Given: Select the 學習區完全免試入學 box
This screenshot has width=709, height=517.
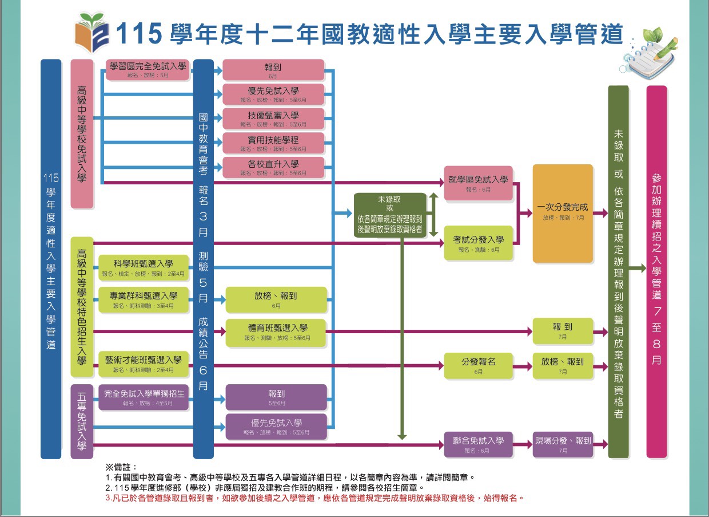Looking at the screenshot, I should coord(148,69).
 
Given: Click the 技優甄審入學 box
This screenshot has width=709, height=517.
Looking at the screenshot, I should coord(273,119).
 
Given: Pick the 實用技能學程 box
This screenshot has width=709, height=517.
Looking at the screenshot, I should coord(273,143).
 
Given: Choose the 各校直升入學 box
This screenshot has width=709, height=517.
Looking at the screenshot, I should coord(273,167).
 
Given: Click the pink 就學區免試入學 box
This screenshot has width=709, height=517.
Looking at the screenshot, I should coord(478,183).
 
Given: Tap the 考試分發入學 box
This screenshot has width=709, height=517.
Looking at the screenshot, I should coord(478,243).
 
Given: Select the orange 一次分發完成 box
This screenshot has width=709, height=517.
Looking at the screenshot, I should coord(563,213).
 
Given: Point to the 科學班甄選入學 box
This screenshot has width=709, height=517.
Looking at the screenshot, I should coord(143,267).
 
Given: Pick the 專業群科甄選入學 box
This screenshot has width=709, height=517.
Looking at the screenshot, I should coord(143,299).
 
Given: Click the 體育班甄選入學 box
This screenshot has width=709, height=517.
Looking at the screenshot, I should coord(277,331).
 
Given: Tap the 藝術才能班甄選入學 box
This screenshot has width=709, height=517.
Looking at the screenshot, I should coord(143,364).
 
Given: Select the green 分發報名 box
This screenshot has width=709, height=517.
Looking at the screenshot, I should coord(478,365).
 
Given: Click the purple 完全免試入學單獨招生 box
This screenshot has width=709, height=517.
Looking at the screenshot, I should coord(143,397).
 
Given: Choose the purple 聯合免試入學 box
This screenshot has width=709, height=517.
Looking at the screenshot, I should coord(478,444).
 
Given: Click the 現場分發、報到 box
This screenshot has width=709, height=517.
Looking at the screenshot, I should coord(563,444).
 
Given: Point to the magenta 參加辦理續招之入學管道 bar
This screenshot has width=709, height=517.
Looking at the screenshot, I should coord(656,271).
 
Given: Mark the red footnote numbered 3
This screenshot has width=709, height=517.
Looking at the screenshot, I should coord(314,498).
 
